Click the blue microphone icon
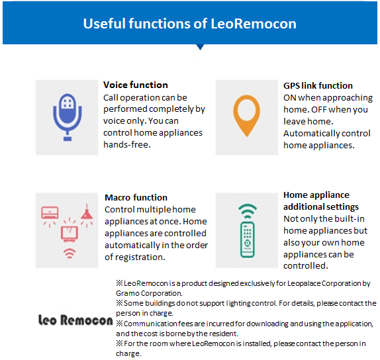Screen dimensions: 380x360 [x=68, y=117]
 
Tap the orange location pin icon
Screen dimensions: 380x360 [x=247, y=116]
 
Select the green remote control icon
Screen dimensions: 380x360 [x=247, y=240]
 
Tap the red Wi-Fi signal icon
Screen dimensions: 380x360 [x=70, y=253]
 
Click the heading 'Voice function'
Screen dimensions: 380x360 [x=136, y=85]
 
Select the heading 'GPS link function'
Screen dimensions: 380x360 [x=318, y=85]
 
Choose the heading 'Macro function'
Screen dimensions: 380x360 [x=136, y=197]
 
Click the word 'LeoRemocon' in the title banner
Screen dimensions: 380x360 [x=254, y=24]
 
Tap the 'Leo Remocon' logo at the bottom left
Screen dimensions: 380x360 [x=75, y=320]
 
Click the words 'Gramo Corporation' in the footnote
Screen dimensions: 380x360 [x=148, y=293]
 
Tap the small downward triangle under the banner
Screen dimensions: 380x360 [x=200, y=47]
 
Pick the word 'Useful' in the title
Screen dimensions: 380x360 [x=105, y=24]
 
